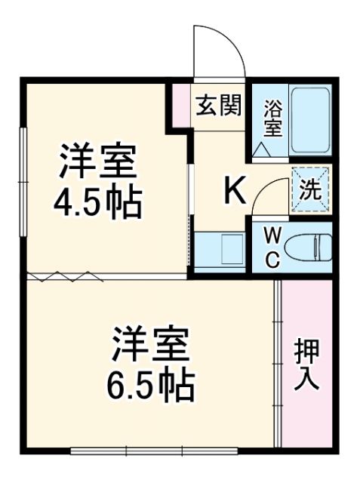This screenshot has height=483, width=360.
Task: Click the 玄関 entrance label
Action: point(219,106)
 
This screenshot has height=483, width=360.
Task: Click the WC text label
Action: point(272,247)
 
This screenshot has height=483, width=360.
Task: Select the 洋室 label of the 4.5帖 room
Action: point(98,160)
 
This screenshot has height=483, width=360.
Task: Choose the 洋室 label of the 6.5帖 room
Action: point(152,346)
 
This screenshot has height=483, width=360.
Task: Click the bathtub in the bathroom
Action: point(310,120)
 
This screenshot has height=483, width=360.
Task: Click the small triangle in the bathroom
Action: point(263,150)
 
